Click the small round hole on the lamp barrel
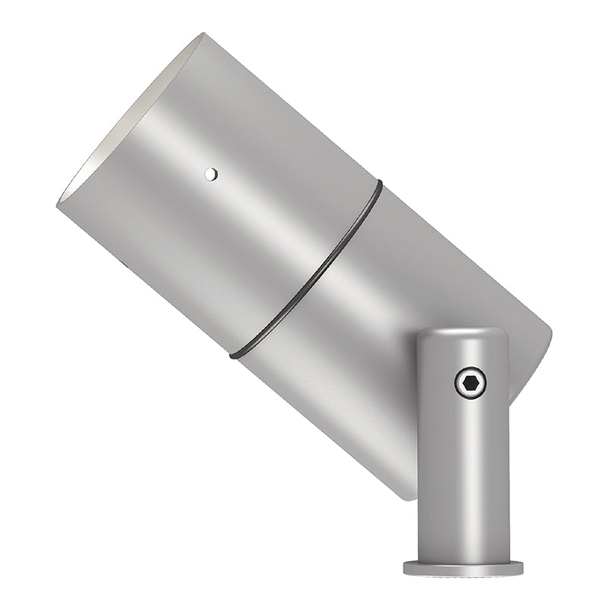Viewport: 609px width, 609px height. [211, 174]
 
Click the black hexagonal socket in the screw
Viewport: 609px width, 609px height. [470, 383]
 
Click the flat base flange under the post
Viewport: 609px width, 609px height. [463, 568]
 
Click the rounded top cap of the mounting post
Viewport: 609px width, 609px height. [463, 335]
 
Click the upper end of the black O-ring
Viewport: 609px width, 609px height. [378, 183]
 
